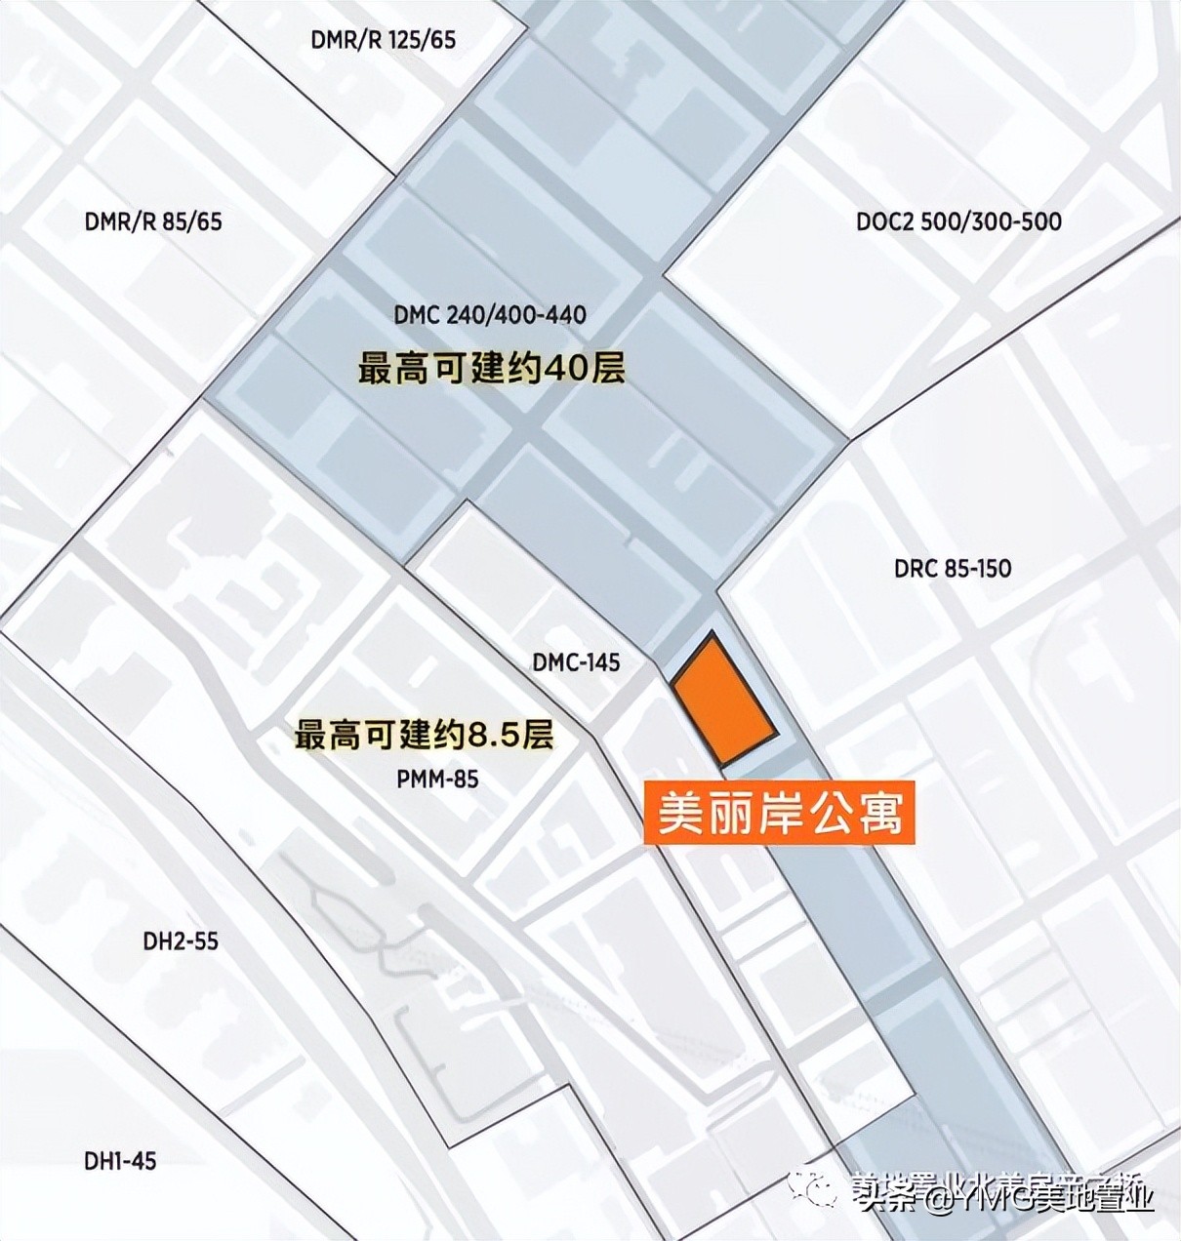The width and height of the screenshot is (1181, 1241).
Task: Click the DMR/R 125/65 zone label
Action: [384, 40]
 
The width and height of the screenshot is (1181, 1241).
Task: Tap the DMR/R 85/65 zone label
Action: [153, 221]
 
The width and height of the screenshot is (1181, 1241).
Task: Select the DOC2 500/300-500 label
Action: [958, 220]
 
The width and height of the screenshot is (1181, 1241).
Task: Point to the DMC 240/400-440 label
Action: [490, 315]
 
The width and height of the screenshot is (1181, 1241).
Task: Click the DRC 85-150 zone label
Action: [953, 568]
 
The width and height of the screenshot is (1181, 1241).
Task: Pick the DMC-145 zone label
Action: [576, 662]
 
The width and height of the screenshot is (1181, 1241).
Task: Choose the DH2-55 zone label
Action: [181, 941]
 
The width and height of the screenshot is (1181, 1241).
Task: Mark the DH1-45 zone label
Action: [120, 1161]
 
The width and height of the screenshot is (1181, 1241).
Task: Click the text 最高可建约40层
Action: [492, 370]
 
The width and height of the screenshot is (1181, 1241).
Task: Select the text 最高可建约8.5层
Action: [425, 735]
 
